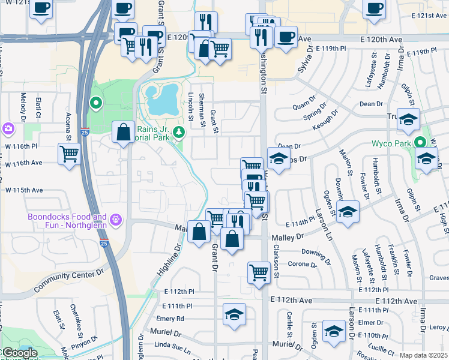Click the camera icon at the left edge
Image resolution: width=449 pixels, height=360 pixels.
[7, 128]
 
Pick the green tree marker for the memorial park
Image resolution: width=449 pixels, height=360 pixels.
[178, 132]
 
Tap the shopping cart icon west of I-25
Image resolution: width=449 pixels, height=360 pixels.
[69, 154]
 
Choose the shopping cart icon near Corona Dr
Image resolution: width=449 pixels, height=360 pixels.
[259, 272]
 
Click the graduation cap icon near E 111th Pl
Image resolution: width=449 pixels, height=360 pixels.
[234, 314]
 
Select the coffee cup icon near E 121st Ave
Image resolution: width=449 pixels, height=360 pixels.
[374, 9]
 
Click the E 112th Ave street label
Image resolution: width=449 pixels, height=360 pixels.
[294, 300]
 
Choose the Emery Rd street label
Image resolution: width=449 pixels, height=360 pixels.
[171, 319]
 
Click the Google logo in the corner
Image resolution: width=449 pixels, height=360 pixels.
[19, 353]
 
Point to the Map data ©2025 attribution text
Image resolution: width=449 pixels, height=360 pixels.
[423, 355]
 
